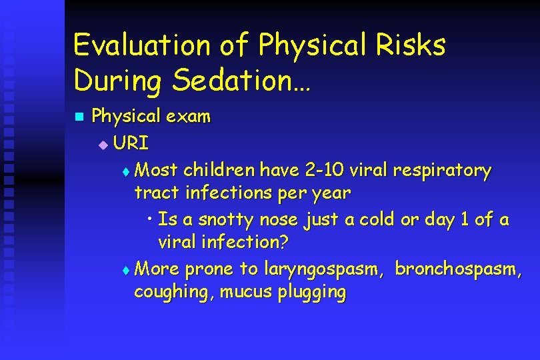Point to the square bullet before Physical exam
[79, 117]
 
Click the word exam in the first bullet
[188, 117]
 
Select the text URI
[131, 143]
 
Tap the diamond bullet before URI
[102, 143]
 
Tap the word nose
[279, 219]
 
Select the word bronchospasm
[459, 269]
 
